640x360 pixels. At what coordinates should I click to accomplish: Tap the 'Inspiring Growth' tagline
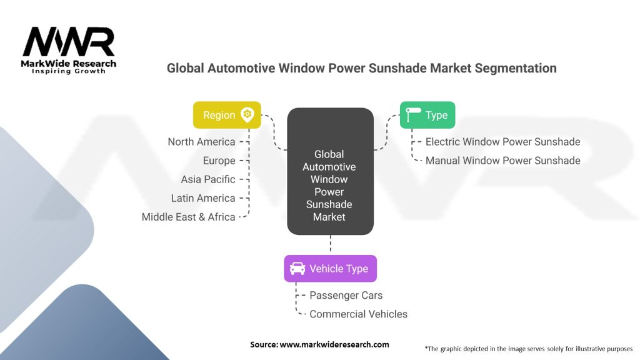pos(69,71)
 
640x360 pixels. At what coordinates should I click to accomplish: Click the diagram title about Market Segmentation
pos(361,68)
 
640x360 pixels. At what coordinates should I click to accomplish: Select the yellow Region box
pos(227,115)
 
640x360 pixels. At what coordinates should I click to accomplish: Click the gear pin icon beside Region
pos(247,114)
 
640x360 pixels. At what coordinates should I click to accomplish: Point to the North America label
pos(201,142)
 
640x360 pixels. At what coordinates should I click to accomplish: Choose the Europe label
pos(219,161)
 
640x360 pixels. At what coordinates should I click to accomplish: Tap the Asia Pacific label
pos(208,179)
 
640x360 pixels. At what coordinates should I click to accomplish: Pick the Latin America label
pos(203,198)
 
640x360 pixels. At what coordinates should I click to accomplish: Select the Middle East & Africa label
pos(188,217)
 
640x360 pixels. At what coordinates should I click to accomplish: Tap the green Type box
pos(427,115)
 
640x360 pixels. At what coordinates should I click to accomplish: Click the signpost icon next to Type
pos(413,115)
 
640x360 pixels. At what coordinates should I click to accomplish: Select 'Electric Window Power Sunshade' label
pos(502,142)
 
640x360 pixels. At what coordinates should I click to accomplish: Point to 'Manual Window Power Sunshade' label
pos(502,161)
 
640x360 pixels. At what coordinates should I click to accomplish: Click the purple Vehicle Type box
pos(330,269)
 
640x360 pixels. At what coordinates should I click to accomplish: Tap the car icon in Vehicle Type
pos(297,269)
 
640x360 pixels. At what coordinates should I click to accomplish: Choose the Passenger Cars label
pos(346,295)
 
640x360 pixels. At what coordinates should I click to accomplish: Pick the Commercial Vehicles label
pos(358,314)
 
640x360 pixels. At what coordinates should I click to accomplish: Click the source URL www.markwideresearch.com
pos(334,344)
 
